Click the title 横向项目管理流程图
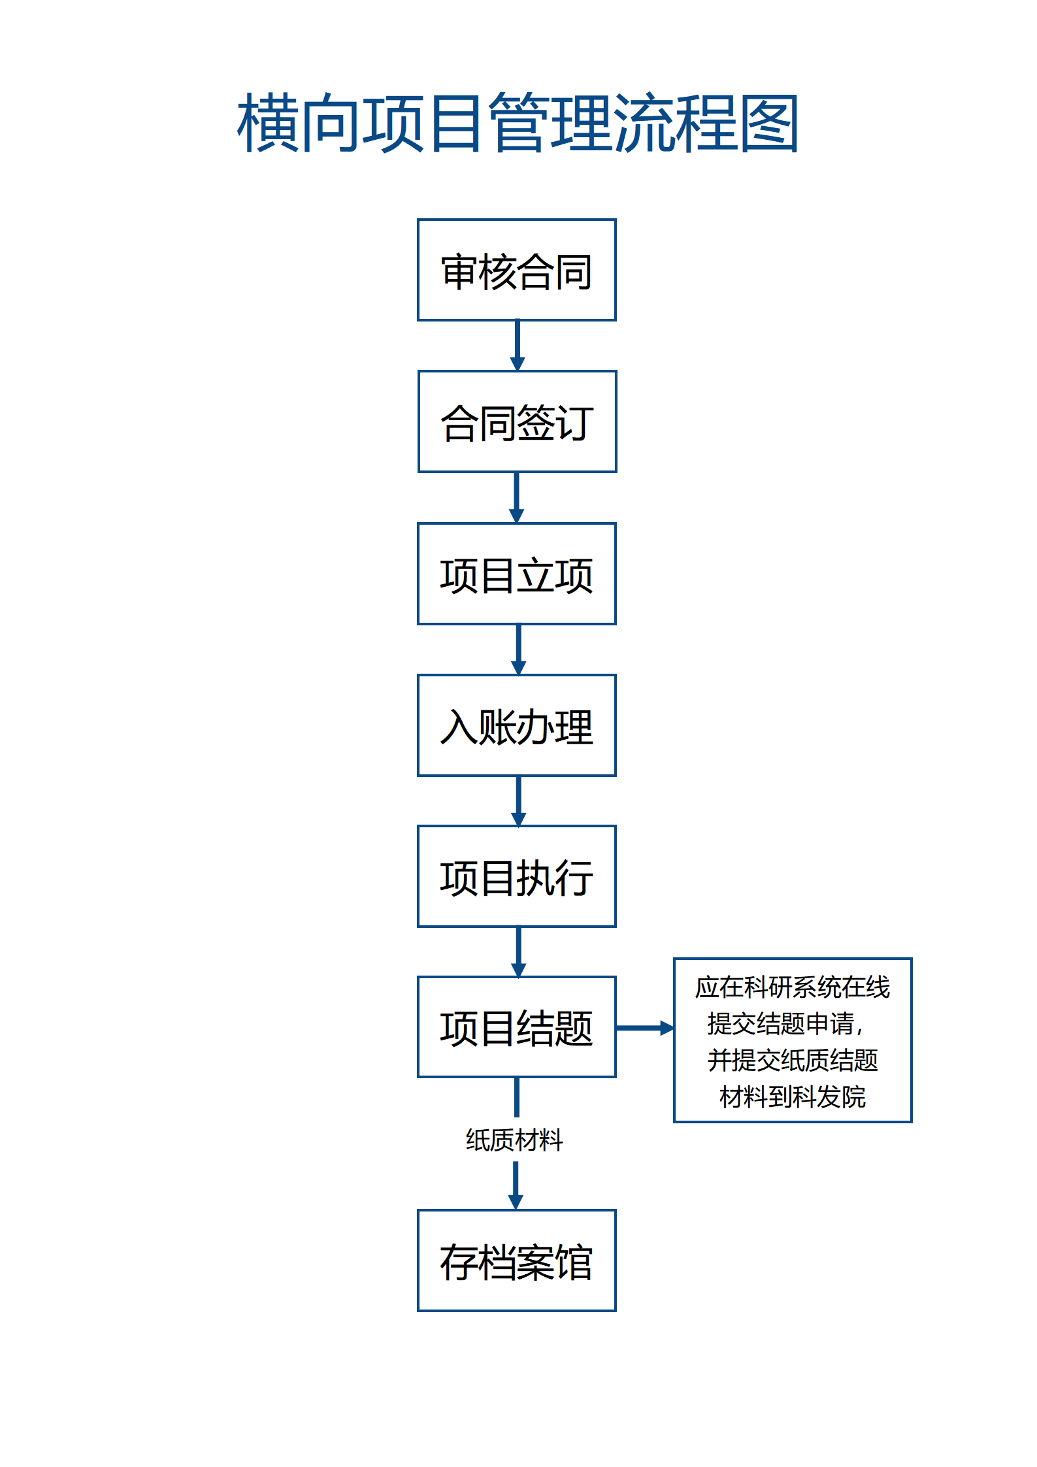click(518, 123)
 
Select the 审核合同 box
click(516, 270)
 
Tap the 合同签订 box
click(517, 421)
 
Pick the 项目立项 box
click(516, 574)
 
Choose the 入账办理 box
click(516, 725)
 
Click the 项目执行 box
click(516, 876)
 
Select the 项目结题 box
click(516, 1027)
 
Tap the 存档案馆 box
click(516, 1261)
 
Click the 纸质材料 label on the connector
click(514, 1140)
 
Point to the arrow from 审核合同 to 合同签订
click(518, 346)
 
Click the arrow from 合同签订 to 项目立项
click(517, 497)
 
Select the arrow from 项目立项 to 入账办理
click(519, 650)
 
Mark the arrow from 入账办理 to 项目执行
click(519, 801)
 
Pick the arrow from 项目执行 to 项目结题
click(519, 952)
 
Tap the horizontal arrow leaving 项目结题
click(644, 1028)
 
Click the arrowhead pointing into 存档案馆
click(516, 1201)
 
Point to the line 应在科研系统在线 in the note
click(792, 987)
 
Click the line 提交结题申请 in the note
click(784, 1024)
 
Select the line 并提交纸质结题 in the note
click(792, 1061)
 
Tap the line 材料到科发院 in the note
click(792, 1097)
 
